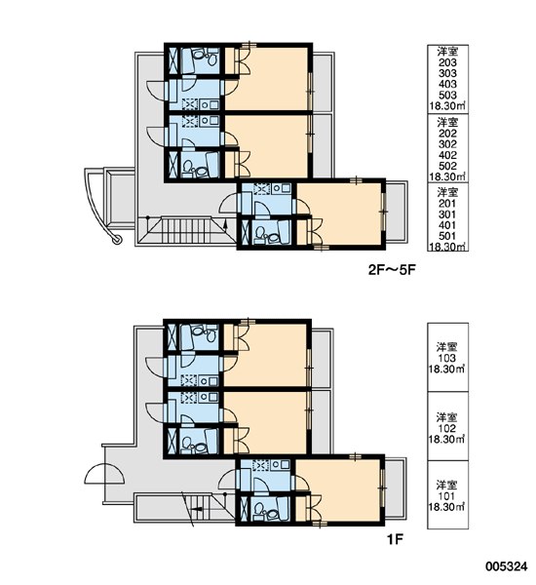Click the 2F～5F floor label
(392, 270)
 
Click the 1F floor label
(396, 539)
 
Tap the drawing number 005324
(506, 566)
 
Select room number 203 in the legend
(447, 62)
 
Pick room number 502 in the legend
(447, 166)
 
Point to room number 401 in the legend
(447, 225)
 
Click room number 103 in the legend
(447, 358)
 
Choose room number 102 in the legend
(447, 428)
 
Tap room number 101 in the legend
(447, 496)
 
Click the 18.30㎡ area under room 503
(447, 106)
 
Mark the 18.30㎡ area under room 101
(447, 507)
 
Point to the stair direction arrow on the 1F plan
(196, 509)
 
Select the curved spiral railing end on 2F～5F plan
(117, 240)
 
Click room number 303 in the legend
(447, 73)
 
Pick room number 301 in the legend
(447, 214)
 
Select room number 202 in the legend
(447, 134)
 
